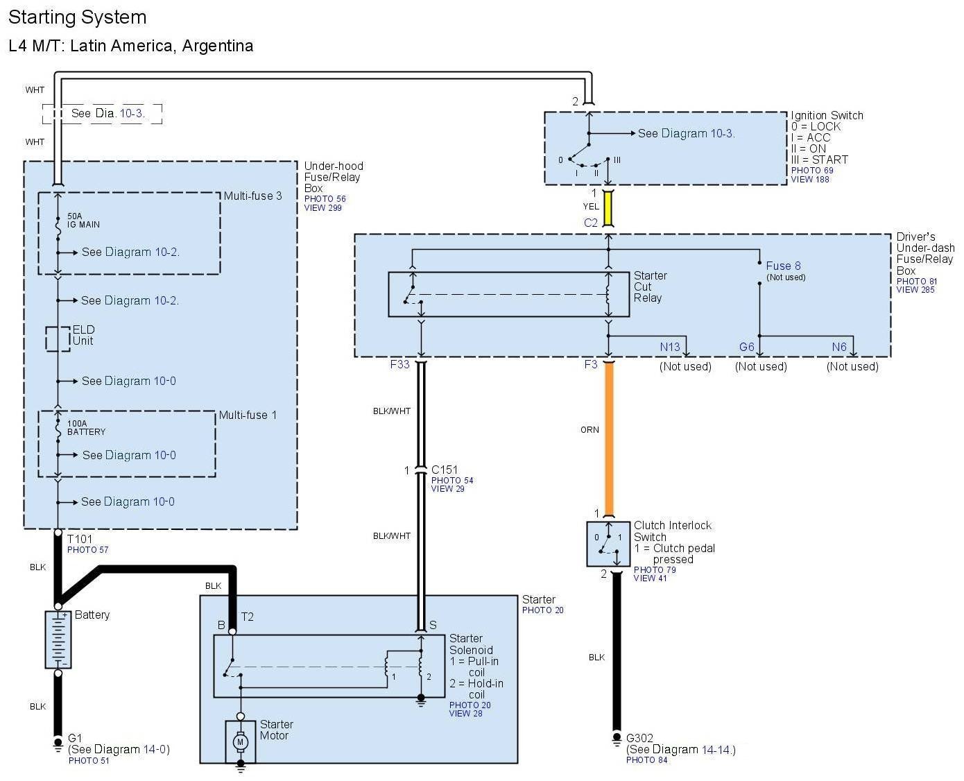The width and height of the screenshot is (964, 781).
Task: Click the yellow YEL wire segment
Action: coord(609,207)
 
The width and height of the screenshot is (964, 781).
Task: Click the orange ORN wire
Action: coord(609,439)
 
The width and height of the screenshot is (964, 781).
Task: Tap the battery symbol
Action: coord(58,640)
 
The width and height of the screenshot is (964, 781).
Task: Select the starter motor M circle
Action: coord(241,742)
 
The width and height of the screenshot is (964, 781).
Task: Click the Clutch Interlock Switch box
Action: coord(608,544)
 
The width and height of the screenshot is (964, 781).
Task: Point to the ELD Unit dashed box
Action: coord(58,339)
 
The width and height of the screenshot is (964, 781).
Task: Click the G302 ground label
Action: coord(639,738)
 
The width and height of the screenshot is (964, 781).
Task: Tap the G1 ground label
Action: coord(75,738)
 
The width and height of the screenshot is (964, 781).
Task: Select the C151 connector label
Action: coord(445,470)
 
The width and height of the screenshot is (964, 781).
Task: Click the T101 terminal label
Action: coord(80,539)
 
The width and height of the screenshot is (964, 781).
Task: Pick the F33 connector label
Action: coord(399,364)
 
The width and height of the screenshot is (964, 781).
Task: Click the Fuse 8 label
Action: coord(783,266)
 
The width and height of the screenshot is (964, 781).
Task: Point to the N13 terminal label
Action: coord(670,347)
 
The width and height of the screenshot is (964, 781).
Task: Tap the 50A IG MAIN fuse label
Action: coord(83,221)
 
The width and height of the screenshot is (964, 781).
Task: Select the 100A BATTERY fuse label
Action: coord(86,427)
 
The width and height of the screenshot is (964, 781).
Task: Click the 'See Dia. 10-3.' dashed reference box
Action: coord(102,114)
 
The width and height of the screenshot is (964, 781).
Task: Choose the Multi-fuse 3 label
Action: coord(252,196)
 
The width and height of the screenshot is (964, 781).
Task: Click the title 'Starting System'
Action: coord(78,17)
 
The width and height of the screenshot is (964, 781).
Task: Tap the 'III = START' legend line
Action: coord(820,160)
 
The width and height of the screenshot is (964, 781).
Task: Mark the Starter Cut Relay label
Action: coord(650,286)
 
